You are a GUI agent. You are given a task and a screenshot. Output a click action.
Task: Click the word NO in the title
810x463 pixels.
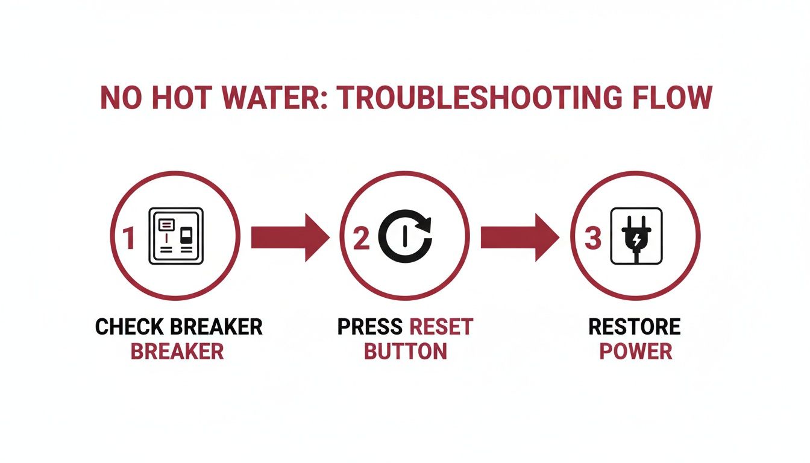(x=120, y=98)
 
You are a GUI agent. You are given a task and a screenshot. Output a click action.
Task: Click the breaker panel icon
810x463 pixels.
(x=176, y=236)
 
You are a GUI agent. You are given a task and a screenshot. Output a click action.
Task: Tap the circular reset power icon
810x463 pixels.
(x=406, y=236)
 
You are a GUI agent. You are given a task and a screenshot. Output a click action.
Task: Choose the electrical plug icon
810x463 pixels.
(x=636, y=236)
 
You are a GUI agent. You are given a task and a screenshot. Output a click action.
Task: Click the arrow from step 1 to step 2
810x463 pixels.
(x=290, y=237)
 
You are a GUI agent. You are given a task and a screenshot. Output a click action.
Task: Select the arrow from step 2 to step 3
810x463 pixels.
(x=520, y=237)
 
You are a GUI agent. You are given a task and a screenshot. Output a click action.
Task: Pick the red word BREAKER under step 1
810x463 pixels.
(x=177, y=351)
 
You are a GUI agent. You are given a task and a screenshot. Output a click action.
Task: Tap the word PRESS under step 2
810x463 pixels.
(x=369, y=327)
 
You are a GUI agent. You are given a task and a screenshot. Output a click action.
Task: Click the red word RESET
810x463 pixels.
(x=441, y=327)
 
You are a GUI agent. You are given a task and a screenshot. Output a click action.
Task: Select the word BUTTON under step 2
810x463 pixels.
(x=406, y=351)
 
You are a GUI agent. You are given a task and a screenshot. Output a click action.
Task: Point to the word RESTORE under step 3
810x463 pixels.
(x=635, y=327)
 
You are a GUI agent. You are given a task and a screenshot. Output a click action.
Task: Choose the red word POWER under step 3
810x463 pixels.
(x=635, y=351)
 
